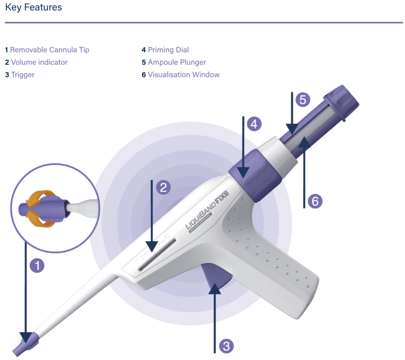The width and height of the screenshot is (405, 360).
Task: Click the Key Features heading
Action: click(x=33, y=8)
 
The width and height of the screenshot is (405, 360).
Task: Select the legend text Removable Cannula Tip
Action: click(x=49, y=50)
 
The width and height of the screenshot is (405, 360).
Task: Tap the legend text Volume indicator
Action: click(x=39, y=62)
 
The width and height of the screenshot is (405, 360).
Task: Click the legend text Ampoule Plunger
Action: click(x=177, y=62)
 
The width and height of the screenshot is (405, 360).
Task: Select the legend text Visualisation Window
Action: click(x=183, y=75)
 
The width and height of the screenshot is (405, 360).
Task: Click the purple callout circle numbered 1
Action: click(x=37, y=265)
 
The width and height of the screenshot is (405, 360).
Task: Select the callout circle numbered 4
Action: click(x=254, y=124)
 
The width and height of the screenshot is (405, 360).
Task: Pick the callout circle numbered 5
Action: click(x=303, y=99)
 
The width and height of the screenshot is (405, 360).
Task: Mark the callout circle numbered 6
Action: click(x=315, y=201)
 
